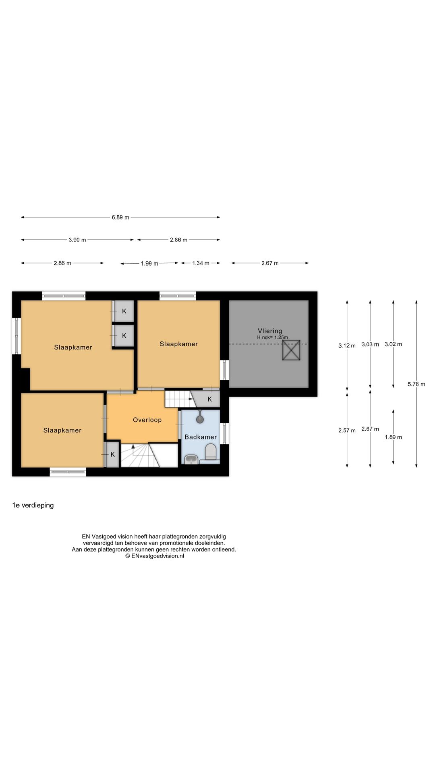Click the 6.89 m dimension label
[120, 217]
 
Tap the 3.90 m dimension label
[77, 240]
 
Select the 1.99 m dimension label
[149, 264]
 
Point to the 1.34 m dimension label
[201, 263]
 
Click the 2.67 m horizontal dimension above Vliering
[270, 263]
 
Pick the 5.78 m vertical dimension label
[416, 384]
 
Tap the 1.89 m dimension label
[393, 437]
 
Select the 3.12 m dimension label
[347, 345]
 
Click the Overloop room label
[147, 420]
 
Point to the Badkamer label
[201, 437]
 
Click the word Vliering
[270, 331]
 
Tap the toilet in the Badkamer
[211, 452]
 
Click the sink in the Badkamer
[191, 459]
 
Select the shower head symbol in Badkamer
[200, 418]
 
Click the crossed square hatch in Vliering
[291, 350]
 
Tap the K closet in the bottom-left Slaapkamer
[113, 454]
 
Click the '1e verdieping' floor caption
[33, 505]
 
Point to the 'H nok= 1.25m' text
[273, 337]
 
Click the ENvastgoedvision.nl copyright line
[154, 556]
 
